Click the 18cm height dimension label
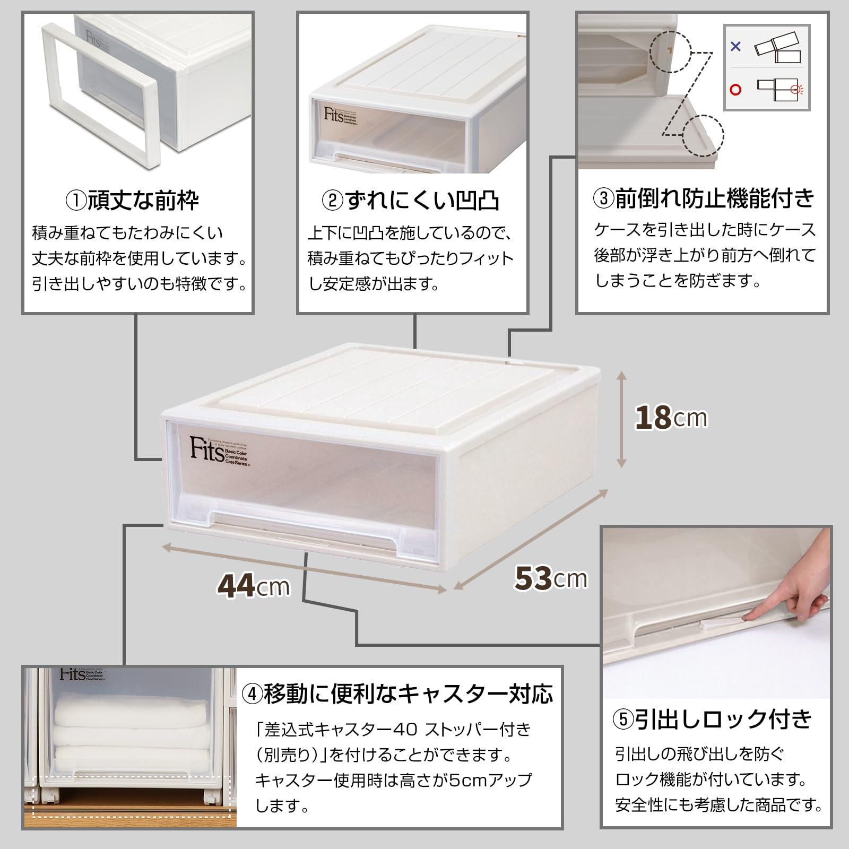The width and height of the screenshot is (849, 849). click(x=671, y=418)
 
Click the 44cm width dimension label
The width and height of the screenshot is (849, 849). click(x=253, y=586)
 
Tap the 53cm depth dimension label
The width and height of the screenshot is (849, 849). click(x=550, y=578)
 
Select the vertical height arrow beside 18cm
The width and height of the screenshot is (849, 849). click(x=622, y=419)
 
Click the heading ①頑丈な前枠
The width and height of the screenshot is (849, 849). click(x=133, y=201)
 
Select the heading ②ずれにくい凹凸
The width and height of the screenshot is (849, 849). click(x=411, y=201)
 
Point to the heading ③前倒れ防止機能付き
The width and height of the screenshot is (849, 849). click(x=703, y=198)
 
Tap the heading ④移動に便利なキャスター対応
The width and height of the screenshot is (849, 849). click(x=398, y=694)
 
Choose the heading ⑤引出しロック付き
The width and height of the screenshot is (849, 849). click(x=713, y=720)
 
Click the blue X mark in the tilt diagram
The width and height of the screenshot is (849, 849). click(x=735, y=47)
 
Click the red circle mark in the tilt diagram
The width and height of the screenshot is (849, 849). click(x=735, y=90)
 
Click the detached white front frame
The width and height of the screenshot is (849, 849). click(x=101, y=96)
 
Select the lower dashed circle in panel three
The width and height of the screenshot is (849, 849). click(x=703, y=135)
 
